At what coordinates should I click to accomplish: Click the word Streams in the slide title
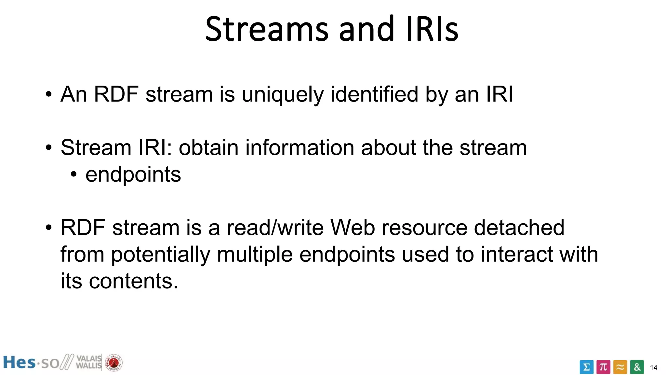267,30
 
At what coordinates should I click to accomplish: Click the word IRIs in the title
432,30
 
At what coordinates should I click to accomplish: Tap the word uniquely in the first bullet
282,95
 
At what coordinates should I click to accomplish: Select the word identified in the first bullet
374,94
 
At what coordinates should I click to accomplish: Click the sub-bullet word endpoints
133,175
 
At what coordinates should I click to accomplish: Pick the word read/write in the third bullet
275,228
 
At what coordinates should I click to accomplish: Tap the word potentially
161,255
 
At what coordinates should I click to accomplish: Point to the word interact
516,254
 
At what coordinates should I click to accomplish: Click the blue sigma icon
586,367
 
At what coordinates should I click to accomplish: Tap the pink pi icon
603,367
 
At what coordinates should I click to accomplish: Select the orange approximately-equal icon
620,367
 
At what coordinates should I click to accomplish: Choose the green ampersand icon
637,367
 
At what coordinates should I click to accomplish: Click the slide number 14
653,368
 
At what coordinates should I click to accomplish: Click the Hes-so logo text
31,363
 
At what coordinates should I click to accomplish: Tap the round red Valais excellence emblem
114,363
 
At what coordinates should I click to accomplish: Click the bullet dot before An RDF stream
48,95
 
